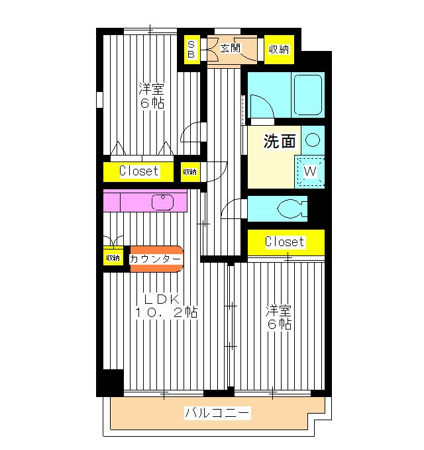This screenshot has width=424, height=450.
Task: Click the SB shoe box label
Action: [191, 49]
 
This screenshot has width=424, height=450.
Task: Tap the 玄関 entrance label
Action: [230, 48]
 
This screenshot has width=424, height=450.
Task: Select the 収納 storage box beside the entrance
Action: [279, 50]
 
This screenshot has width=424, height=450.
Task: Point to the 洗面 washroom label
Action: [279, 141]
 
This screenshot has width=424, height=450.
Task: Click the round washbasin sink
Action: [313, 140]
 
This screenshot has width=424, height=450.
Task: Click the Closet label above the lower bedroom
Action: [285, 242]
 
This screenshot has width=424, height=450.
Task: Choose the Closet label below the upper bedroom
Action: [139, 171]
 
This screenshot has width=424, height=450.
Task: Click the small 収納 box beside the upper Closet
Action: [190, 171]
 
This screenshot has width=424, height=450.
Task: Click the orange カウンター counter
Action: [155, 259]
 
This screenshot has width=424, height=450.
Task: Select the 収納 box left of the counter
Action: [113, 258]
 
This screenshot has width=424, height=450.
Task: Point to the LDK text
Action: [158, 298]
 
